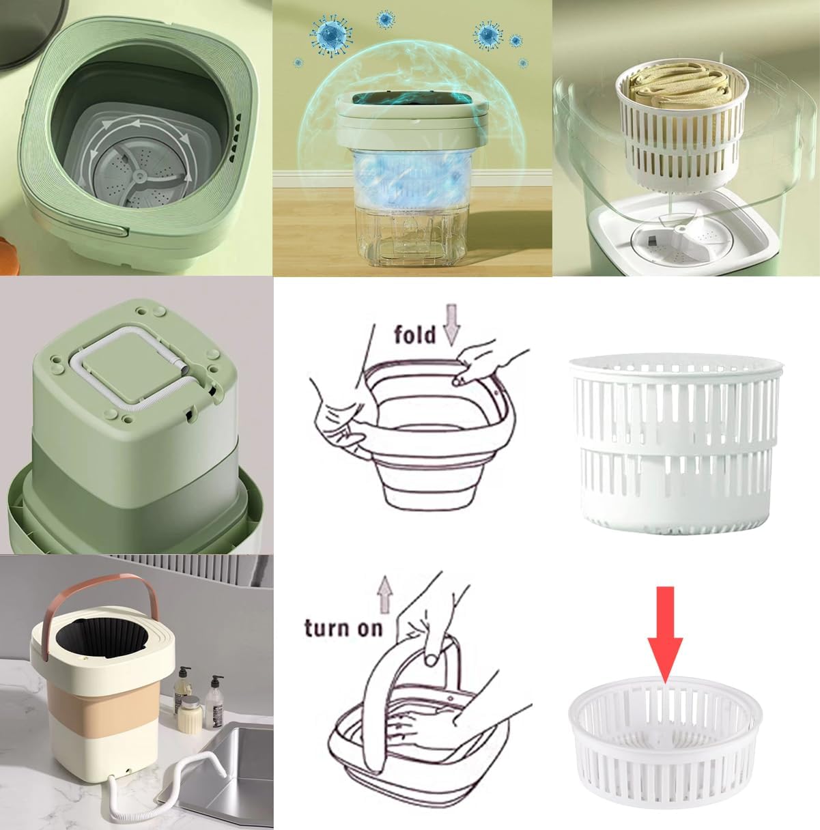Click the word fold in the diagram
click(x=414, y=334)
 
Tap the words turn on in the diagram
click(x=343, y=627)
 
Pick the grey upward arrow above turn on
click(x=386, y=594)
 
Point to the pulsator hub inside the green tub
click(x=141, y=177)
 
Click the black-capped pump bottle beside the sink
click(x=214, y=700)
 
